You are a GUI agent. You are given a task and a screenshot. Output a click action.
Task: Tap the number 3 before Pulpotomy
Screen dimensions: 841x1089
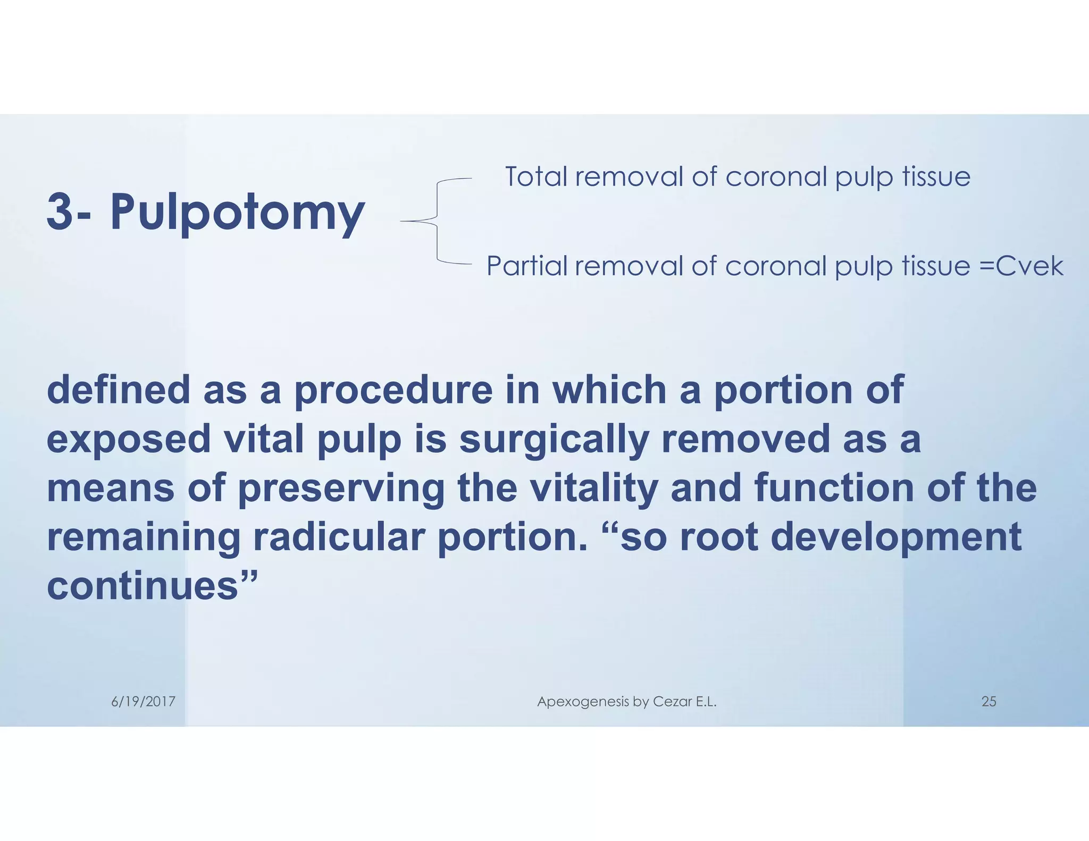click(x=60, y=212)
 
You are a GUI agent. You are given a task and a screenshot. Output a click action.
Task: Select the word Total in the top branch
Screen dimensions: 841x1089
click(x=536, y=176)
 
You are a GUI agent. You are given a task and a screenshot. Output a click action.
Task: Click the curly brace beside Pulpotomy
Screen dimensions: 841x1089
click(x=437, y=221)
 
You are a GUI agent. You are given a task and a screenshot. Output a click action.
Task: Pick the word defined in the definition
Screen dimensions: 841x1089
click(x=118, y=390)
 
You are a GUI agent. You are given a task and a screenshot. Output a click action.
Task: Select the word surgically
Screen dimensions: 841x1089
click(x=554, y=440)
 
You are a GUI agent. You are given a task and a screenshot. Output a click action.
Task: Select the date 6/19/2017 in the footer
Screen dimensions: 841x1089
click(x=143, y=702)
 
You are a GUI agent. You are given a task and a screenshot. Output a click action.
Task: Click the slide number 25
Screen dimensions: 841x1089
click(x=989, y=702)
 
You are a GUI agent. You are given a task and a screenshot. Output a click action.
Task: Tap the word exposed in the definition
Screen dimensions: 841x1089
click(x=129, y=440)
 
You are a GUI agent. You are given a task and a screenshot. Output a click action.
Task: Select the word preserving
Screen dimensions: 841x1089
click(x=340, y=489)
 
